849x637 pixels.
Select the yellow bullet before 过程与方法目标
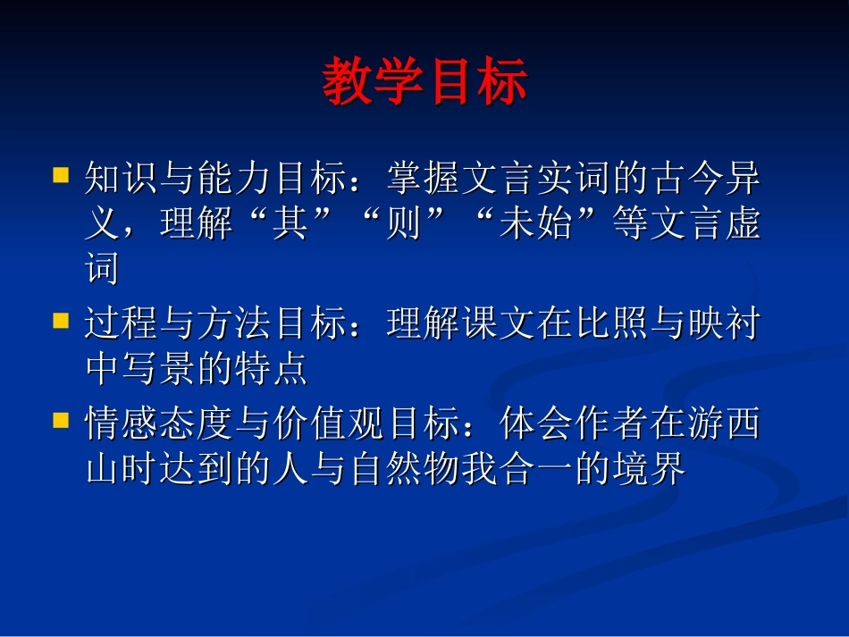tap(61, 319)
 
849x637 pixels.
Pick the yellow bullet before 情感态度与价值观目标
tap(61, 418)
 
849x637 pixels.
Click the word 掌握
tap(424, 180)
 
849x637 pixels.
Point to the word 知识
tap(122, 180)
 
